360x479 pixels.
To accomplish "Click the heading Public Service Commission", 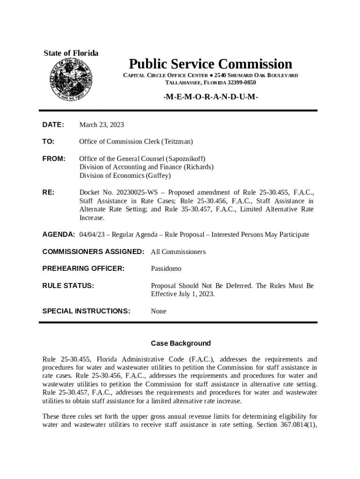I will tap(210, 64).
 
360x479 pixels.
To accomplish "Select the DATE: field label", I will tap(53, 124).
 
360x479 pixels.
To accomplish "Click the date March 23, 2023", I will tap(101, 124).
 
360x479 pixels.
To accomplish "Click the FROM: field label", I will tap(54, 159).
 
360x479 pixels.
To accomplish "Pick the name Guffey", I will tap(158, 175).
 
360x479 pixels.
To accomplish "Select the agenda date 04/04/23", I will tap(92, 234).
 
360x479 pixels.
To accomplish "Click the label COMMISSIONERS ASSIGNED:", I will tap(93, 252).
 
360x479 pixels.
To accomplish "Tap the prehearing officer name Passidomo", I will tap(166, 269).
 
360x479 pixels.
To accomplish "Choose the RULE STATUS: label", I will tap(68, 285).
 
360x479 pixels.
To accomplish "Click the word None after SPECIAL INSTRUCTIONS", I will tap(158, 311).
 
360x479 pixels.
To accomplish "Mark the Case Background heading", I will tap(180, 343).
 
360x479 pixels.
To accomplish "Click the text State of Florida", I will tap(71, 53).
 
